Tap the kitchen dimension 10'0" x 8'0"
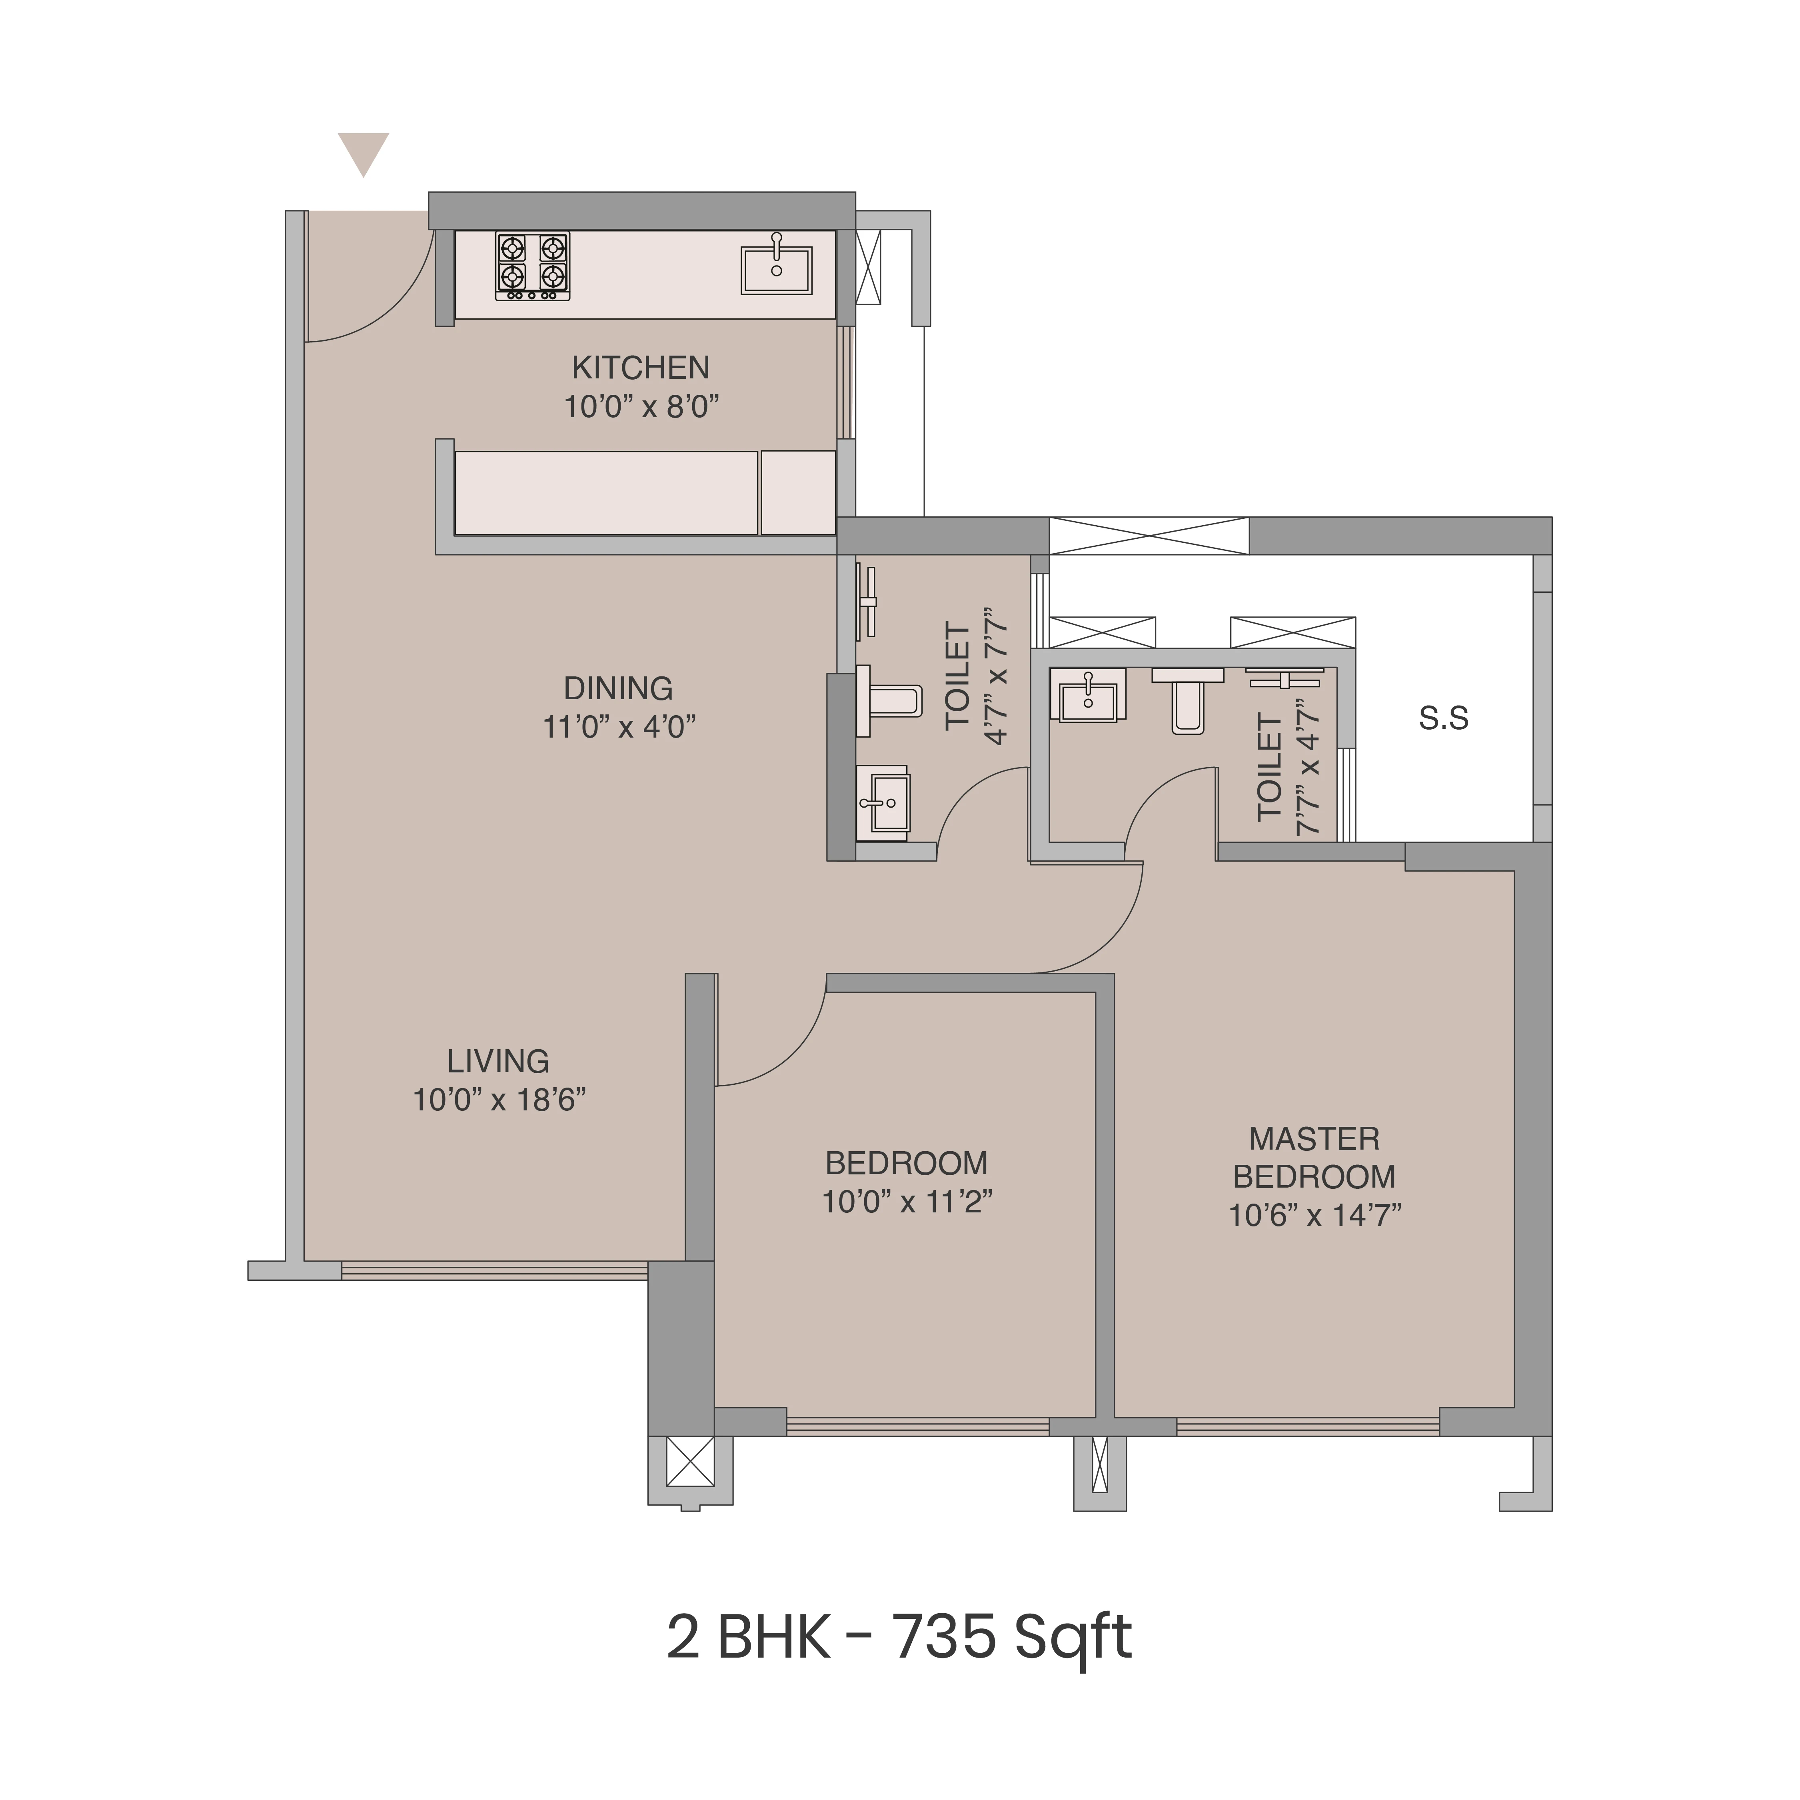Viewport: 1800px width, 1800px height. [641, 407]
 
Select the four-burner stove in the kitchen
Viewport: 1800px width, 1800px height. [532, 266]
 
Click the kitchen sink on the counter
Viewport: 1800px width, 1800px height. [776, 269]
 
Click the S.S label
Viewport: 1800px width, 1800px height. [1443, 718]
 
